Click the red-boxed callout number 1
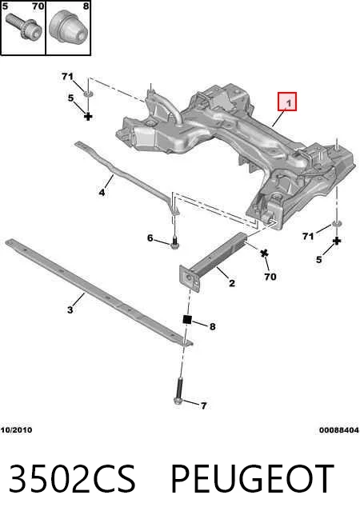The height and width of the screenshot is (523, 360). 287,102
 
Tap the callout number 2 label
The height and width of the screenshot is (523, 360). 232,283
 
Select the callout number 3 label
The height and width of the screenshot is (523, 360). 70,309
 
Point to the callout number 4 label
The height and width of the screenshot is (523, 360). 102,193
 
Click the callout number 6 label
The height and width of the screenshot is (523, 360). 150,238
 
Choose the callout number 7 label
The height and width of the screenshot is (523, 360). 203,406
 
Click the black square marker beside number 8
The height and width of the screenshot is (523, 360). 187,319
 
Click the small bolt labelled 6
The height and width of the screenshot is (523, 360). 174,242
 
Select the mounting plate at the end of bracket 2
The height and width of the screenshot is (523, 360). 189,278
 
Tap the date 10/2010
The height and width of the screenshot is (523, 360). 16,430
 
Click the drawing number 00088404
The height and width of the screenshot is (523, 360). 339,430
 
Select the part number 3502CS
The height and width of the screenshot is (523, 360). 72,478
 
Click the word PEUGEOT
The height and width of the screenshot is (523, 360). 252,478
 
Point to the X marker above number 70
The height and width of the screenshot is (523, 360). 264,254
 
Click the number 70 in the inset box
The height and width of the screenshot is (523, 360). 38,6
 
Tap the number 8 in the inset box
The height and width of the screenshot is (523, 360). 86,6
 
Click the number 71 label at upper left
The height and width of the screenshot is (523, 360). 67,77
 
